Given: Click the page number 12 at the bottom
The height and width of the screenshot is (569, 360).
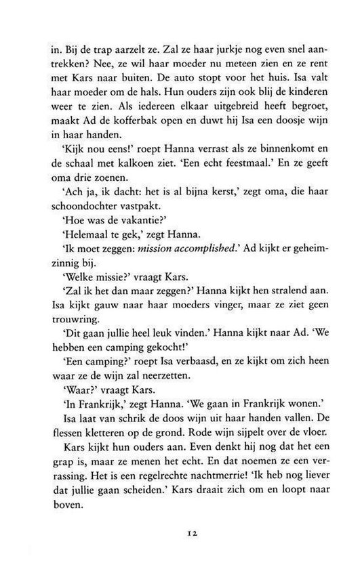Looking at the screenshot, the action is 180,533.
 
